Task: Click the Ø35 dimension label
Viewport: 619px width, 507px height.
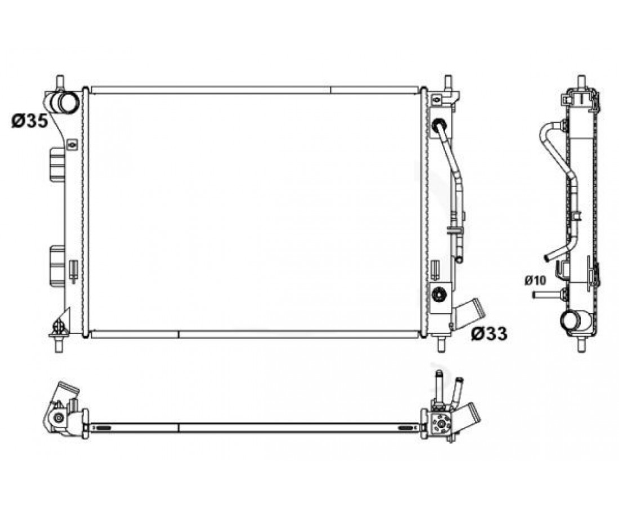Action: pos(30,121)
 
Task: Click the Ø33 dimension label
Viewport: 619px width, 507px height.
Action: pos(488,334)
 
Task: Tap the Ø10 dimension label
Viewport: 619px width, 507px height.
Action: pos(535,281)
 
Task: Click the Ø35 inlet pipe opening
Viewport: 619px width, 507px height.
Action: pos(68,102)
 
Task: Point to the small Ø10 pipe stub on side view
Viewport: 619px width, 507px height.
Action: pos(546,295)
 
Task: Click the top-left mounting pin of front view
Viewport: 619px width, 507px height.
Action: pos(60,82)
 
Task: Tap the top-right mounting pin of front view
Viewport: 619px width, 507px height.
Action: pos(448,83)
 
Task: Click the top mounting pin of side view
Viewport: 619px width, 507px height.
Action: pos(581,82)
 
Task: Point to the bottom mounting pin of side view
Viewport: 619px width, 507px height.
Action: pos(581,344)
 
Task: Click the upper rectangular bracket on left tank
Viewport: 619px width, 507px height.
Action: pos(57,164)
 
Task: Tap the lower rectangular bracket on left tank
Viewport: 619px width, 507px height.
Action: pos(57,265)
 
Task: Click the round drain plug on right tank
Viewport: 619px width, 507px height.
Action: pos(439,295)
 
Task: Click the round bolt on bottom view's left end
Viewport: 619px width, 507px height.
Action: pos(59,417)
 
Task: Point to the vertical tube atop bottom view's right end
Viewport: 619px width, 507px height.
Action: pos(438,386)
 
